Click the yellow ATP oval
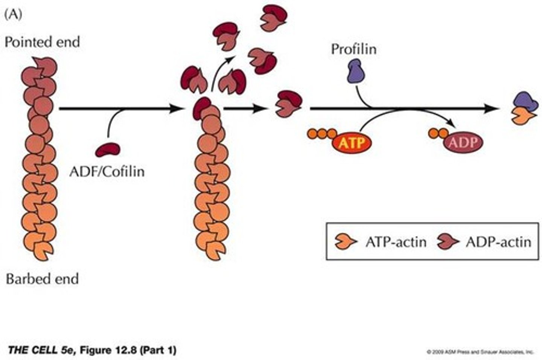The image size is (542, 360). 352,143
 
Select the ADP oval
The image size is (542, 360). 463,142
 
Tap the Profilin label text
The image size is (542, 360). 353,49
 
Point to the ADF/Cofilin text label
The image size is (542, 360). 107,171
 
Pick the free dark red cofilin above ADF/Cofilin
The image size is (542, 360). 108,149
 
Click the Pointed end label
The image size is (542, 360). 42,42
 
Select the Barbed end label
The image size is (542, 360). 42,279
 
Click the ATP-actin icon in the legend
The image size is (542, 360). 346,241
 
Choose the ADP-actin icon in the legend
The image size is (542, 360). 448,241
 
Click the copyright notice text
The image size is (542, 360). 480,352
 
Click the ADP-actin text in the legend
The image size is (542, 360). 498,242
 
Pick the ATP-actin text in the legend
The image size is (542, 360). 396,242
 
